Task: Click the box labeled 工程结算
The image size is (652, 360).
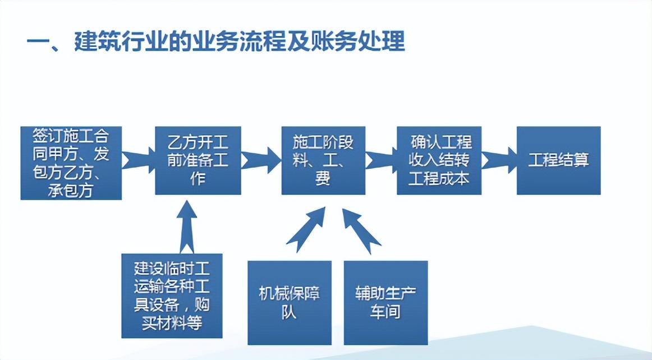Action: click(558, 160)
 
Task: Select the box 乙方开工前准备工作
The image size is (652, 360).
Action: click(198, 160)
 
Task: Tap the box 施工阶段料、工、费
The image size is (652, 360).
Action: click(323, 160)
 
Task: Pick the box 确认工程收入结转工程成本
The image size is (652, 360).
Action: click(439, 160)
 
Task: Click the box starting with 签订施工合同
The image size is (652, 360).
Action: click(71, 163)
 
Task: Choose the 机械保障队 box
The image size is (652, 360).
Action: click(290, 303)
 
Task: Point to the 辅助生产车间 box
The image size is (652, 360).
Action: click(385, 303)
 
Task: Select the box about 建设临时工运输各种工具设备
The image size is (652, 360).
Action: click(172, 296)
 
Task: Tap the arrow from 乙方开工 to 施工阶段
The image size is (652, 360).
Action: click(261, 160)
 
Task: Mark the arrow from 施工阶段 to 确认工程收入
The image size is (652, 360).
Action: click(381, 160)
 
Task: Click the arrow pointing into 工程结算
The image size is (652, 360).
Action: click(499, 160)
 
